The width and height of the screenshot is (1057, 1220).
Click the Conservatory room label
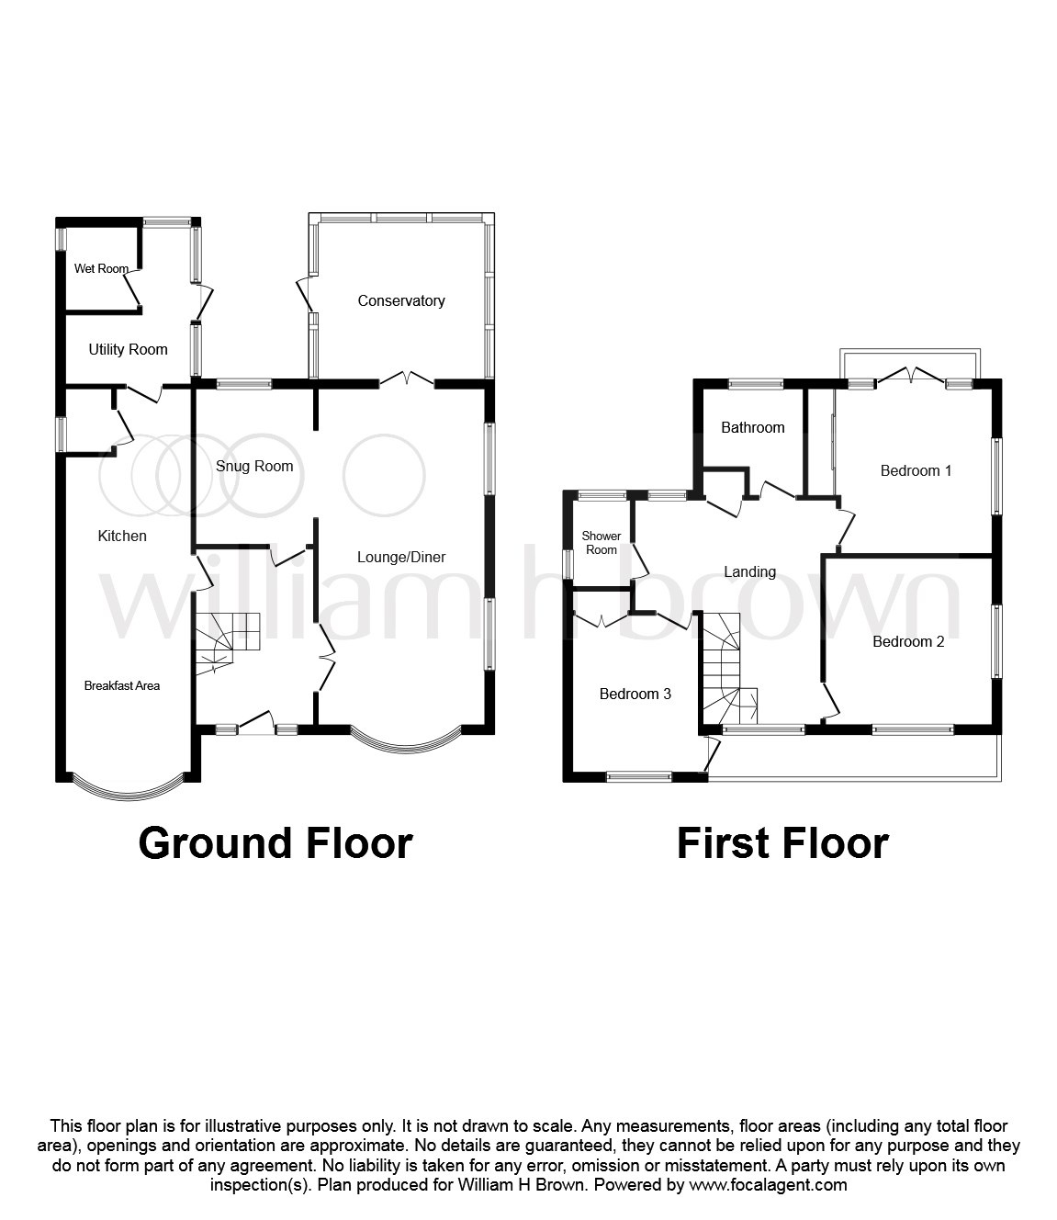pos(401,300)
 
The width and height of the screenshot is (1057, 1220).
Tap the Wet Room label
pos(101,269)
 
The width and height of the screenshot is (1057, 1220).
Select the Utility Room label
pos(128,349)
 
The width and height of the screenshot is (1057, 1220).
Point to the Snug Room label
pos(254,466)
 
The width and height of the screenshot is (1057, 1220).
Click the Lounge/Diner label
pos(401,557)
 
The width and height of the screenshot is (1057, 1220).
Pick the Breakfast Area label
pos(122,685)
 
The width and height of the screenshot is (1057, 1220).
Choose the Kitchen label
pos(122,536)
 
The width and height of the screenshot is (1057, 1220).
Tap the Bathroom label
pos(752,427)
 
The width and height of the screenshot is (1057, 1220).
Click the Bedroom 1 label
pos(916,470)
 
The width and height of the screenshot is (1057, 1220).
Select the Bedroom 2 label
pos(908,641)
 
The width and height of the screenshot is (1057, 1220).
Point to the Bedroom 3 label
pos(635,694)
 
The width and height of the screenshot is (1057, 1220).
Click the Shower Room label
pos(602,543)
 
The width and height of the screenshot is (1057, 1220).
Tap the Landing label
pos(749,571)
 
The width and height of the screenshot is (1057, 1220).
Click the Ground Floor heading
pos(275,842)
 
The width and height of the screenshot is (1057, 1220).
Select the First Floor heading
pos(782,842)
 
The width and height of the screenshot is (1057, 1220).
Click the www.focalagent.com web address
pos(768,1184)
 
